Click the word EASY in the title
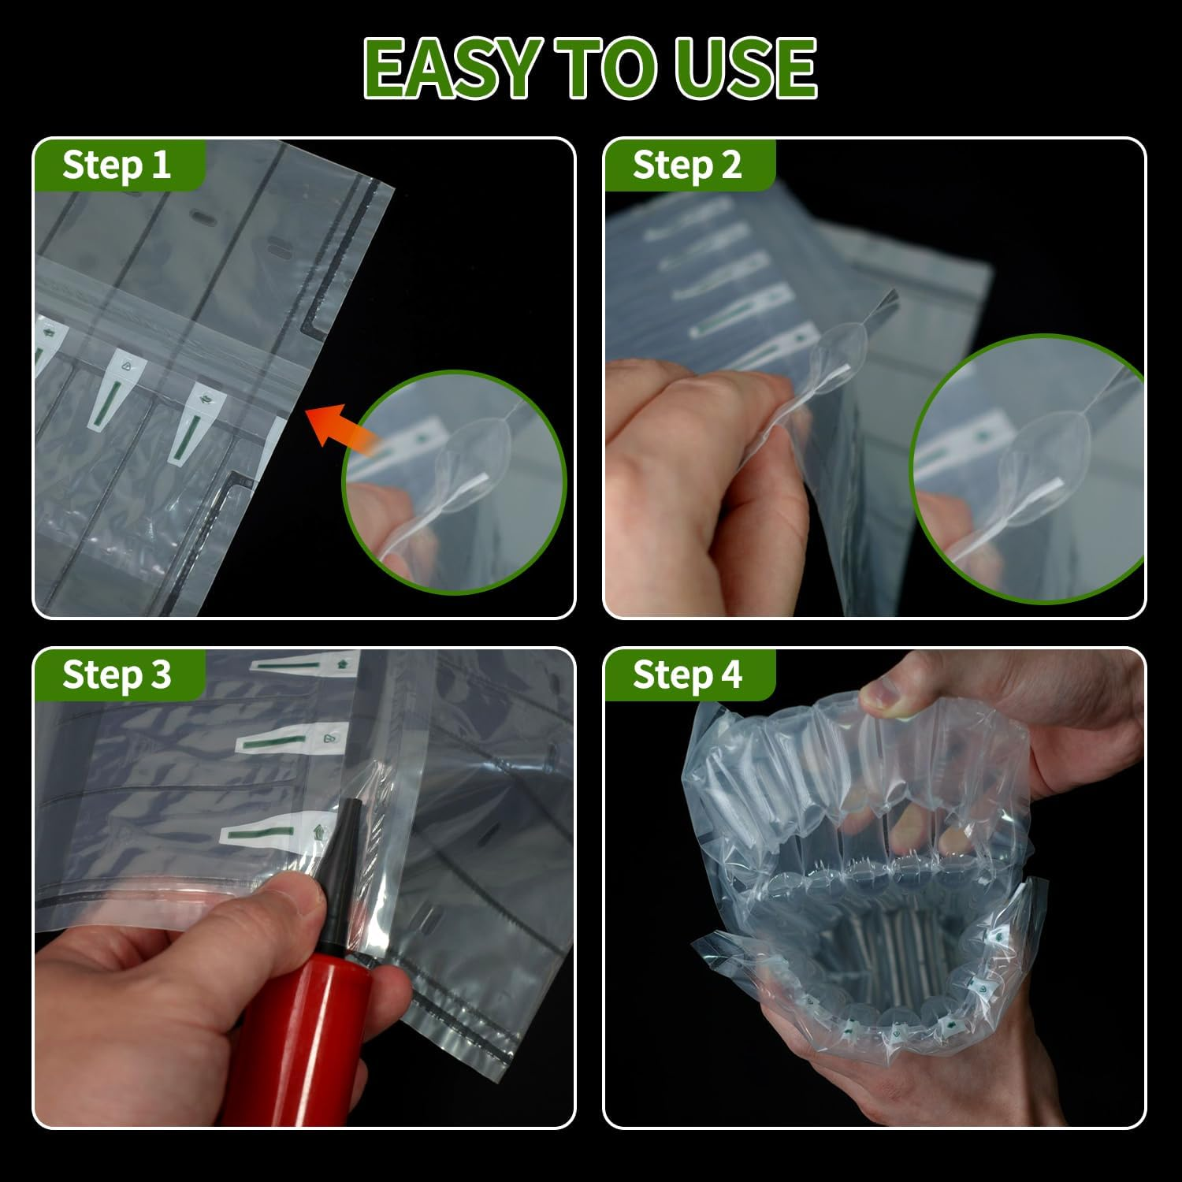(x=451, y=69)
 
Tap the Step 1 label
(x=117, y=165)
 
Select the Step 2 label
(x=687, y=165)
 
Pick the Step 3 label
(x=117, y=675)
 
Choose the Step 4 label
(x=687, y=675)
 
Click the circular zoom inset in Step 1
(x=455, y=482)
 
